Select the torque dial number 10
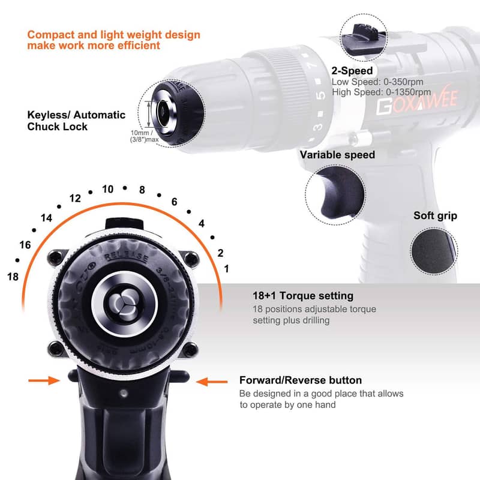coord(107,189)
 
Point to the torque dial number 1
coord(226,269)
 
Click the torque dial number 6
coord(174,202)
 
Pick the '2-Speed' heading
coord(352,71)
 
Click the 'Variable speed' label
coord(337,155)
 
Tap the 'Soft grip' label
coord(435,215)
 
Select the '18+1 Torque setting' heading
coord(303,296)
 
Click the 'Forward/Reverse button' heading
coord(301,380)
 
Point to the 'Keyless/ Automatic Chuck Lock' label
coord(76,121)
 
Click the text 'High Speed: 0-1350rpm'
coord(381,92)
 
